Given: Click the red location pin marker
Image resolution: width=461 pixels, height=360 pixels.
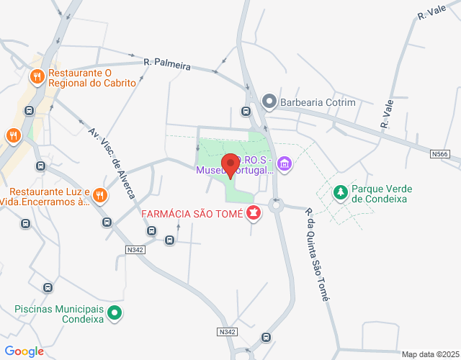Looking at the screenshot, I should tap(230, 165).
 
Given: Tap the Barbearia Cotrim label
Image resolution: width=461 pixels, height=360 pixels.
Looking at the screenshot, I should tap(318, 102).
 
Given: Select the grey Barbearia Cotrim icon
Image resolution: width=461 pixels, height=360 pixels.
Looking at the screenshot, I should tap(269, 102).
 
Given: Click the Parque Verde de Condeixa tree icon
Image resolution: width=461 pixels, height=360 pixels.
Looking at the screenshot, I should tap(339, 192).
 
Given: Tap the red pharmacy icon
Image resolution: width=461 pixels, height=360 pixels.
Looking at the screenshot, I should tap(254, 213).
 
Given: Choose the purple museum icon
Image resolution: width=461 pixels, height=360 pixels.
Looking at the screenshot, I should tap(285, 165).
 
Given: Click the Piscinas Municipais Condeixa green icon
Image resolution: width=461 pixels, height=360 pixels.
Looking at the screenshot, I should tap(115, 313).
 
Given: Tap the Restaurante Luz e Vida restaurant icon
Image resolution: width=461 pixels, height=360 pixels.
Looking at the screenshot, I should tap(100, 195).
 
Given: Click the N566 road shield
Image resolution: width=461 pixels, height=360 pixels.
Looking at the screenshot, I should tap(440, 154).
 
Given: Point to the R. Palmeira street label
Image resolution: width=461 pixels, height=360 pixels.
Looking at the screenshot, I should tap(167, 65).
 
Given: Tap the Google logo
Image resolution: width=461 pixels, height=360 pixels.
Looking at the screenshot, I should tap(24, 351).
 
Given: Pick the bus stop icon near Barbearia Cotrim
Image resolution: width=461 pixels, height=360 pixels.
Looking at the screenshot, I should tap(246, 112).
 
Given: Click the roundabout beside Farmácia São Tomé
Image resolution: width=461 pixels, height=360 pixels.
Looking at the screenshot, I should tap(275, 205).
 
